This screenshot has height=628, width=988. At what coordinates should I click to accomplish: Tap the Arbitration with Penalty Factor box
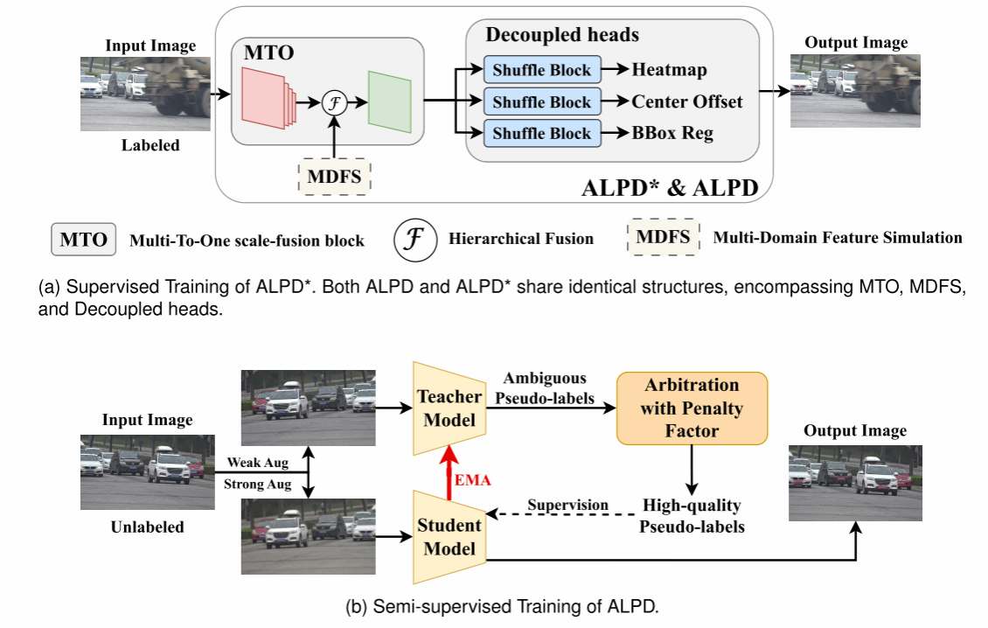692,408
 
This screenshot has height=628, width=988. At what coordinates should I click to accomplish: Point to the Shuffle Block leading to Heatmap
541,70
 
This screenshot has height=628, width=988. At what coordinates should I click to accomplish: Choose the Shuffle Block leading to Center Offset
541,101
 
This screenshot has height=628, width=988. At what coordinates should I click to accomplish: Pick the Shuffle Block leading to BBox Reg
541,133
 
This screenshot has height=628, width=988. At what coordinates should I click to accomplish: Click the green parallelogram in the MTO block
390,102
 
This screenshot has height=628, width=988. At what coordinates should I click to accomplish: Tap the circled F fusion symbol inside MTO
335,102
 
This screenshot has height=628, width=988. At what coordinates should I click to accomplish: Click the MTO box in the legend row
84,239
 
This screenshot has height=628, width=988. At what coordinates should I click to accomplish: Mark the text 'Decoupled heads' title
562,36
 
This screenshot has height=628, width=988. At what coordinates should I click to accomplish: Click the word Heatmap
669,70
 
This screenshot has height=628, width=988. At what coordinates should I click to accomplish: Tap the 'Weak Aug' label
257,462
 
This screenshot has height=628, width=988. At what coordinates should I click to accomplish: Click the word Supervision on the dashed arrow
567,505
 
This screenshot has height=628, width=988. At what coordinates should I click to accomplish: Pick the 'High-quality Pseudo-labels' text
692,515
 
